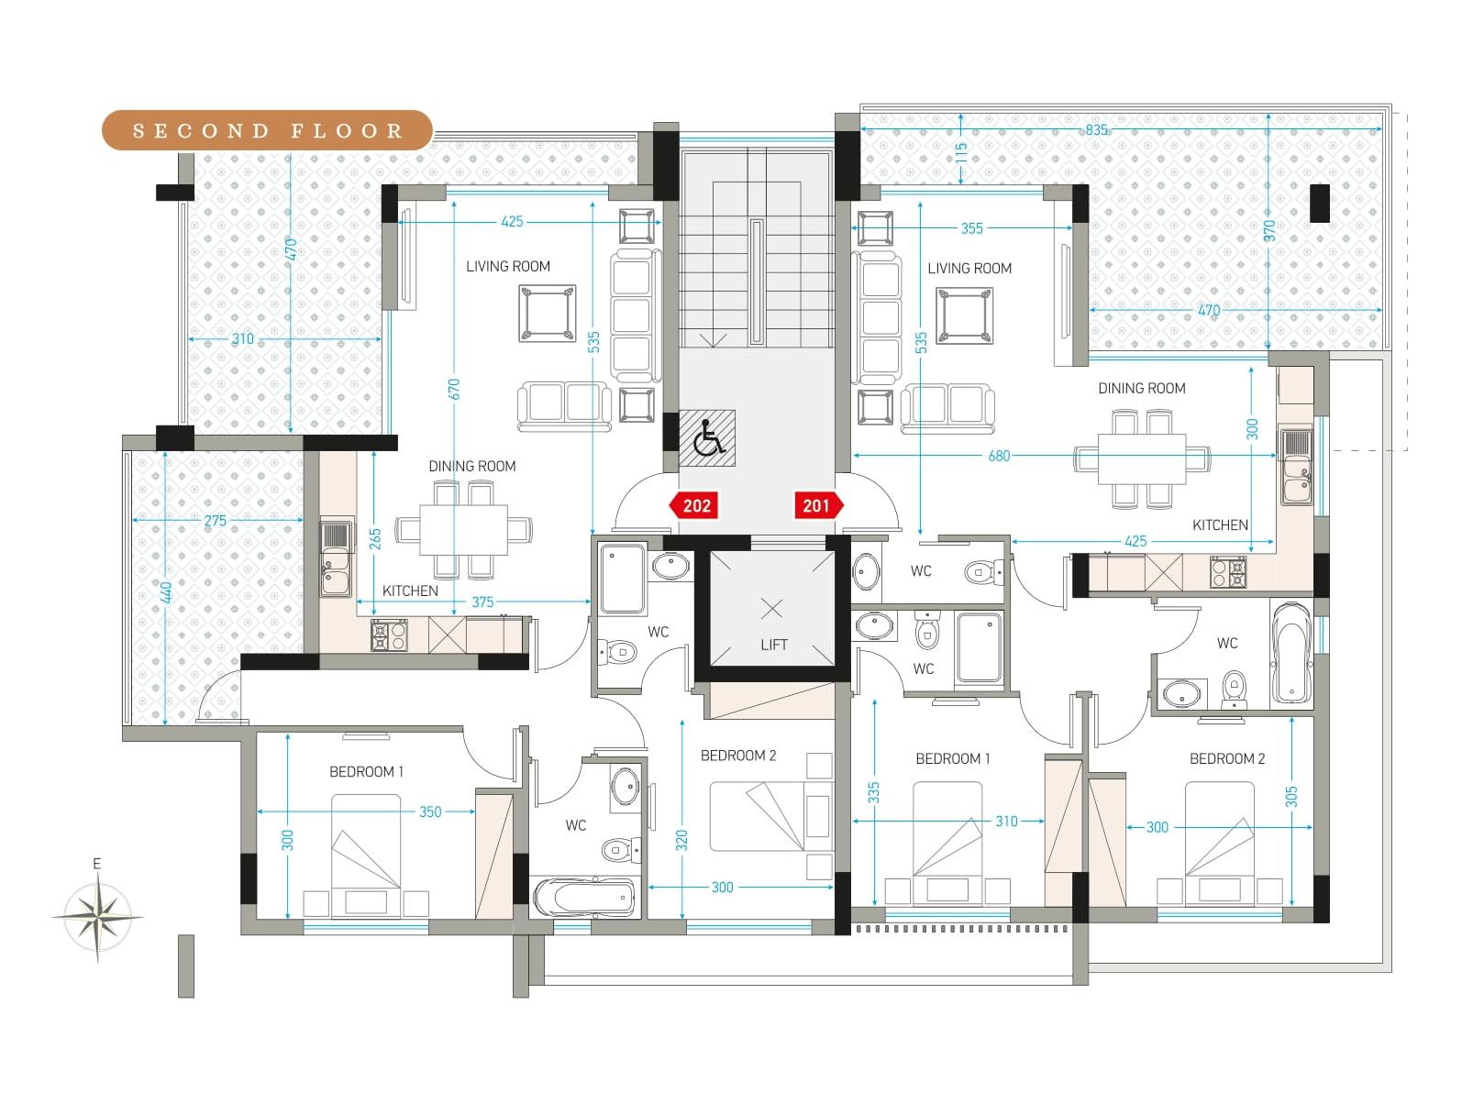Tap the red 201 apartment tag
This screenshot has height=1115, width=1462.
pos(819,505)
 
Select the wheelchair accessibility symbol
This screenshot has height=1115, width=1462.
pos(707,437)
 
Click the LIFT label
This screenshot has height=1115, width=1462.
pos(773,645)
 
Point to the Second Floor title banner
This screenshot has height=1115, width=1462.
pos(267,130)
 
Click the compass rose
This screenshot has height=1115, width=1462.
pos(98,917)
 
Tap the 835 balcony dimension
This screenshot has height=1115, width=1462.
pos(1096,130)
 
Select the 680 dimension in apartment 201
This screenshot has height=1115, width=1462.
pos(999,456)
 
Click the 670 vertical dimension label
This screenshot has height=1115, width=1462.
pos(454,389)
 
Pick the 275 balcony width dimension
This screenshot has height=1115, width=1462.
pos(216,521)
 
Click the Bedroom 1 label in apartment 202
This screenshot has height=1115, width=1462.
pos(366,771)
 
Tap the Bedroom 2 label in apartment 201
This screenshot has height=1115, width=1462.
pos(1227,758)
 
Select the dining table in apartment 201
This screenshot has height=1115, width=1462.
pos(1142,458)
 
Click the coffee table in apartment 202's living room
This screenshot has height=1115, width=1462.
pos(547,313)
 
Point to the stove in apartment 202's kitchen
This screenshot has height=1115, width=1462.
pos(389,635)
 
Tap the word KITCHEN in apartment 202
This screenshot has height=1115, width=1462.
pos(410,591)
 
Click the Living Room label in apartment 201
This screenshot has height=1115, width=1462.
pos(969,269)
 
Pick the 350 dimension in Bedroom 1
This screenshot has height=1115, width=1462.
pos(430,811)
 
